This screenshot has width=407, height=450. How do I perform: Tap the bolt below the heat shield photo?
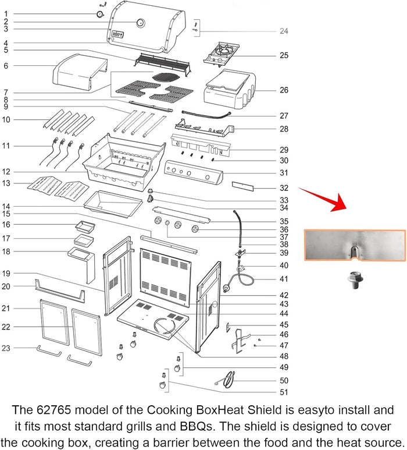355,280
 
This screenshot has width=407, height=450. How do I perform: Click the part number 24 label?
284,31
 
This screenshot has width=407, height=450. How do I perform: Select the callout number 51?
284,392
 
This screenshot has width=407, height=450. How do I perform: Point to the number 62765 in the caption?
54,410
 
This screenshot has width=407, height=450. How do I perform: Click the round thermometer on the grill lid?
141,23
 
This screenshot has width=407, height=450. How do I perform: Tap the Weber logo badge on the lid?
117,34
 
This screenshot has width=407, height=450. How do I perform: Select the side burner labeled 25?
222,54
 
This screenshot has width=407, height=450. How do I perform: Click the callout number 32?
284,188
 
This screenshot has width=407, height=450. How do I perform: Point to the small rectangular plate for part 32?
243,186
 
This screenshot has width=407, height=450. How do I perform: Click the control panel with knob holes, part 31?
194,172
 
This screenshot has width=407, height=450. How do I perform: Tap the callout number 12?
6,172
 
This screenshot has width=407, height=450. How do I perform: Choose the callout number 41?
284,279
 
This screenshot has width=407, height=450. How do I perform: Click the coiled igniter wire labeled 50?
228,380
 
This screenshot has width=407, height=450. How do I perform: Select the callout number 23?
6,348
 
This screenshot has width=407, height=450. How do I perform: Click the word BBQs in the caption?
197,427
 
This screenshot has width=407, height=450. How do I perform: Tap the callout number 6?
6,66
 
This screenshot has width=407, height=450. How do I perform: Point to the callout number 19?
6,274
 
